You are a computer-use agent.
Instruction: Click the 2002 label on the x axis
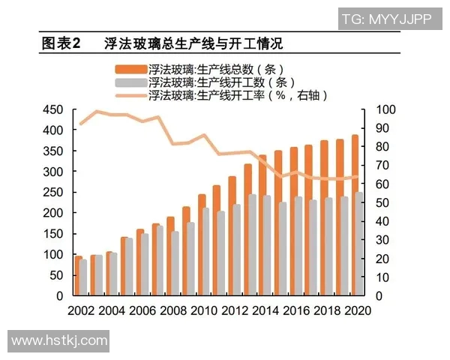(82, 310)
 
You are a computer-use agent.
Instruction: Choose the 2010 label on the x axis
(203, 310)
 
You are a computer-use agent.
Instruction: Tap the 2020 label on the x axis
(355, 310)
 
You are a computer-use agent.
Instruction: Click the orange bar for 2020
(353, 217)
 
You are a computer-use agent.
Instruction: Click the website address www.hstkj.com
(59, 340)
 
